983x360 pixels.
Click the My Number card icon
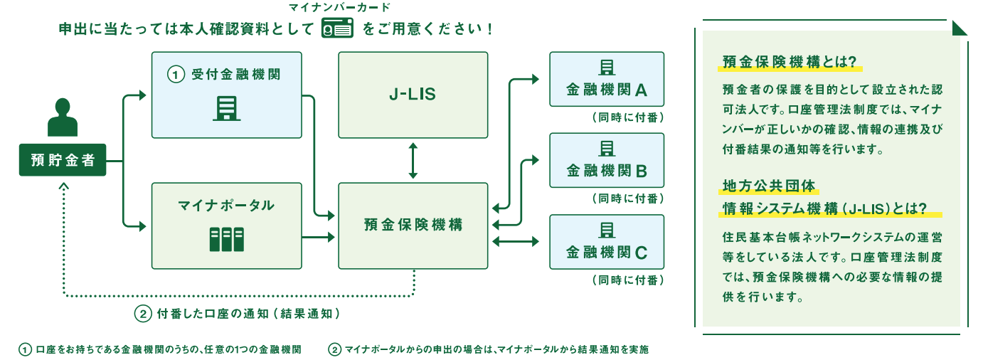coord(337,28)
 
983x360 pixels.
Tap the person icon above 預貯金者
coord(63,117)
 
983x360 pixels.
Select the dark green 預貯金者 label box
coord(63,160)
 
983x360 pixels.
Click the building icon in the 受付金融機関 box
coord(226,108)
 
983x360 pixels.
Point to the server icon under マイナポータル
coord(226,239)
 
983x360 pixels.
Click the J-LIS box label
coord(413,94)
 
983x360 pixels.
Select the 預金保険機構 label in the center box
coord(413,224)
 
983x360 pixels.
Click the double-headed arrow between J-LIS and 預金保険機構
coord(413,160)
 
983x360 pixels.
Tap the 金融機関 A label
coord(607,90)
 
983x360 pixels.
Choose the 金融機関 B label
coord(607,170)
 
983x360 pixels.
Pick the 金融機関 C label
coord(607,252)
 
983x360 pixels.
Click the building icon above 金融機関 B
coord(607,149)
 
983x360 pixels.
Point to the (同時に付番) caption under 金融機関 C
coord(627,280)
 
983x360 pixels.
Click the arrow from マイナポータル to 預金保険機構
coord(318,238)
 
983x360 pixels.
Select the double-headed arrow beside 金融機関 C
coord(515,241)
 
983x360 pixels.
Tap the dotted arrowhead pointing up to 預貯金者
coord(63,186)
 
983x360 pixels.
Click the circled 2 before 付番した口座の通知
coord(143,314)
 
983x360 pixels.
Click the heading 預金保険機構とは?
coord(789,62)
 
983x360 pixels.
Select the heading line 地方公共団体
coord(768,186)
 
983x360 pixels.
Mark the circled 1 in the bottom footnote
coord(25,349)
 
